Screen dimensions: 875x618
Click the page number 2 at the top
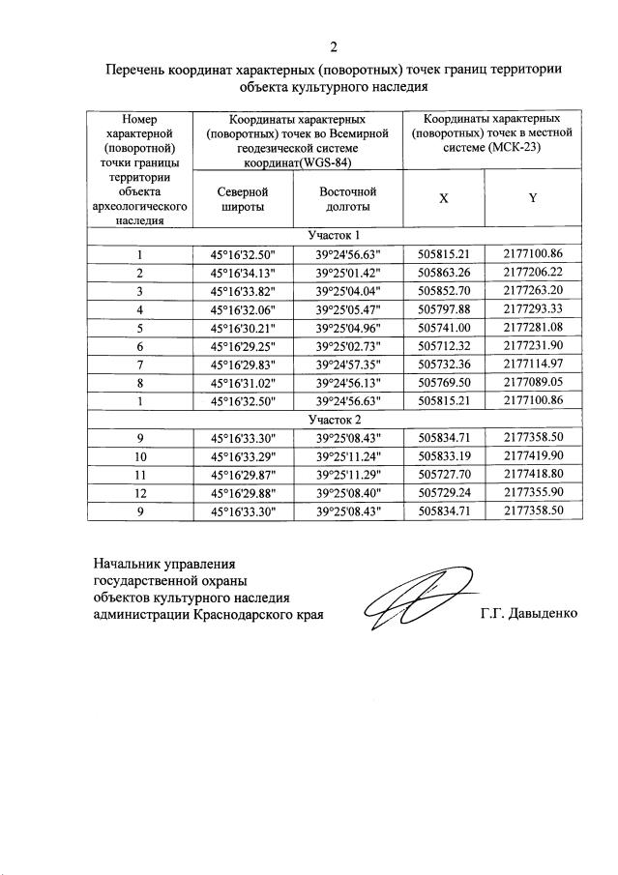click(x=334, y=46)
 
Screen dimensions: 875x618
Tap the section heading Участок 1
click(x=334, y=236)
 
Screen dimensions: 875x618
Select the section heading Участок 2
click(x=334, y=420)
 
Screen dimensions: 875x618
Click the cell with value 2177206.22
click(x=533, y=273)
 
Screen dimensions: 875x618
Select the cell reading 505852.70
click(x=443, y=291)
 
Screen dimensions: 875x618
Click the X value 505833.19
click(x=443, y=456)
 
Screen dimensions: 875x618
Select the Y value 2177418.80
click(x=533, y=475)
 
